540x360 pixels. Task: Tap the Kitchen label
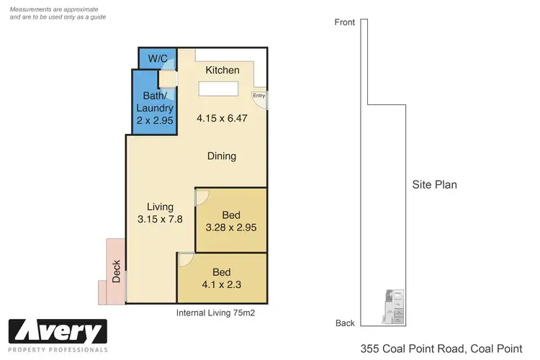coord(222,70)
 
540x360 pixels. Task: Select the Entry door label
coord(258,95)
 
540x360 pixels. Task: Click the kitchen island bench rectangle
coord(219,89)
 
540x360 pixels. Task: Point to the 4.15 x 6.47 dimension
coord(222,119)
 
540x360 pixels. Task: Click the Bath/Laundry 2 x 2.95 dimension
coord(156,121)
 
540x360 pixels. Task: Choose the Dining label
coord(222,156)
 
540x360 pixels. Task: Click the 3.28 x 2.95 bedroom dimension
coord(230,228)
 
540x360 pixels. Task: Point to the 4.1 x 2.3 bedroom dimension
coord(222,284)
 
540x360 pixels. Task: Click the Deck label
coord(116,271)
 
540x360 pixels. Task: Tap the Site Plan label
coord(434,184)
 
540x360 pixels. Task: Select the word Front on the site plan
coord(345,22)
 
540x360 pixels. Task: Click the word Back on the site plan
coord(345,323)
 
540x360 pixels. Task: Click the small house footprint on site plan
coord(393,308)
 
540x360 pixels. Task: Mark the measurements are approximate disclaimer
coord(57,12)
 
